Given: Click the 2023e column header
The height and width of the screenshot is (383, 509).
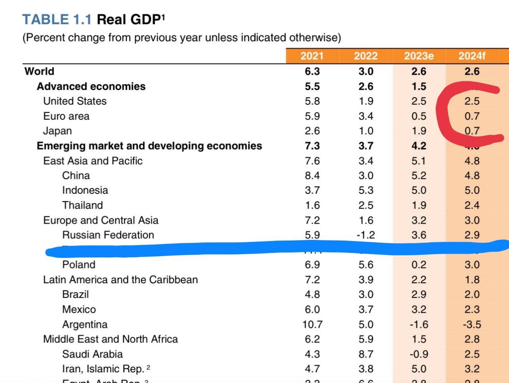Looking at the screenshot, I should point(419,56).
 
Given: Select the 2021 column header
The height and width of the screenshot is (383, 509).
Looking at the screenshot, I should point(312,56).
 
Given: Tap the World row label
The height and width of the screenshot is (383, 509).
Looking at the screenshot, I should point(39,71).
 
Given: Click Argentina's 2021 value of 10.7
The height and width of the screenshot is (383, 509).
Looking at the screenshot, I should point(312,325).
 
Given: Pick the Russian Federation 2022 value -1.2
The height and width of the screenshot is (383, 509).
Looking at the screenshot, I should point(365,235).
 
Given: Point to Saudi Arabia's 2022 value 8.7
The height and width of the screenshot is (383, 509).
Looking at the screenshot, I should point(365,354).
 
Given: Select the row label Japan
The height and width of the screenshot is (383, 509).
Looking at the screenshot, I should point(58,131).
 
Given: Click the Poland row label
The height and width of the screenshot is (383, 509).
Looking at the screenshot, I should point(79,265).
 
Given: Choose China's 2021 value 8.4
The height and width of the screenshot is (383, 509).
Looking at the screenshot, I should point(312,176).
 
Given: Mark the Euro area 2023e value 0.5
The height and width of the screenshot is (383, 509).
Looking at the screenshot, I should point(419,116).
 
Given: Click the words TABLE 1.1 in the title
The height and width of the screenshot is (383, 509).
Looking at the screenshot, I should point(57,19).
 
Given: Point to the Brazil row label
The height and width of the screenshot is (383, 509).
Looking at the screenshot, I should point(76,294).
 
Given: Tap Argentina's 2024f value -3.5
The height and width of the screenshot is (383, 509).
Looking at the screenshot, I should point(472,325).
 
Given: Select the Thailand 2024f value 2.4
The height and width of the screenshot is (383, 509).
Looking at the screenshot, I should point(472,205).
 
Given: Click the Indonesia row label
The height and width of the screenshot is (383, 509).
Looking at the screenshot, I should point(85,190).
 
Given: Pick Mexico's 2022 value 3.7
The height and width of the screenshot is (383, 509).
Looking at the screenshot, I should point(365,309).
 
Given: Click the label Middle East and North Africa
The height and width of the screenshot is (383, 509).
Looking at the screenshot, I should point(111,339).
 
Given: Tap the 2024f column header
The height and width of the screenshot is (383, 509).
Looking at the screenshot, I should point(472,56).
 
